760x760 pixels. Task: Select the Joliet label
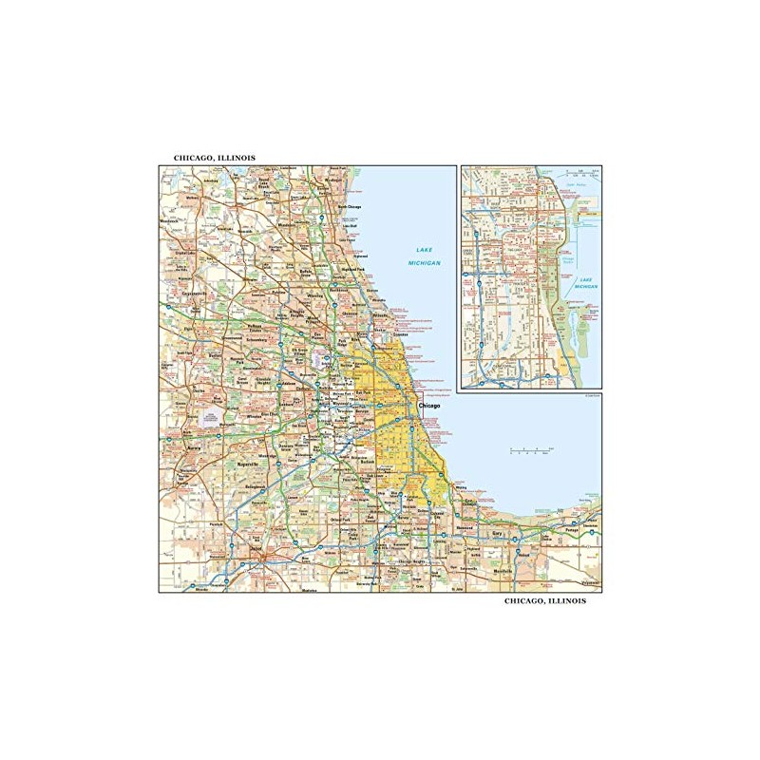[x=256, y=547]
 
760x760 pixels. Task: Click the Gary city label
[x=496, y=535]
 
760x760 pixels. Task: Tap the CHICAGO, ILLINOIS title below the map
[x=545, y=601]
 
